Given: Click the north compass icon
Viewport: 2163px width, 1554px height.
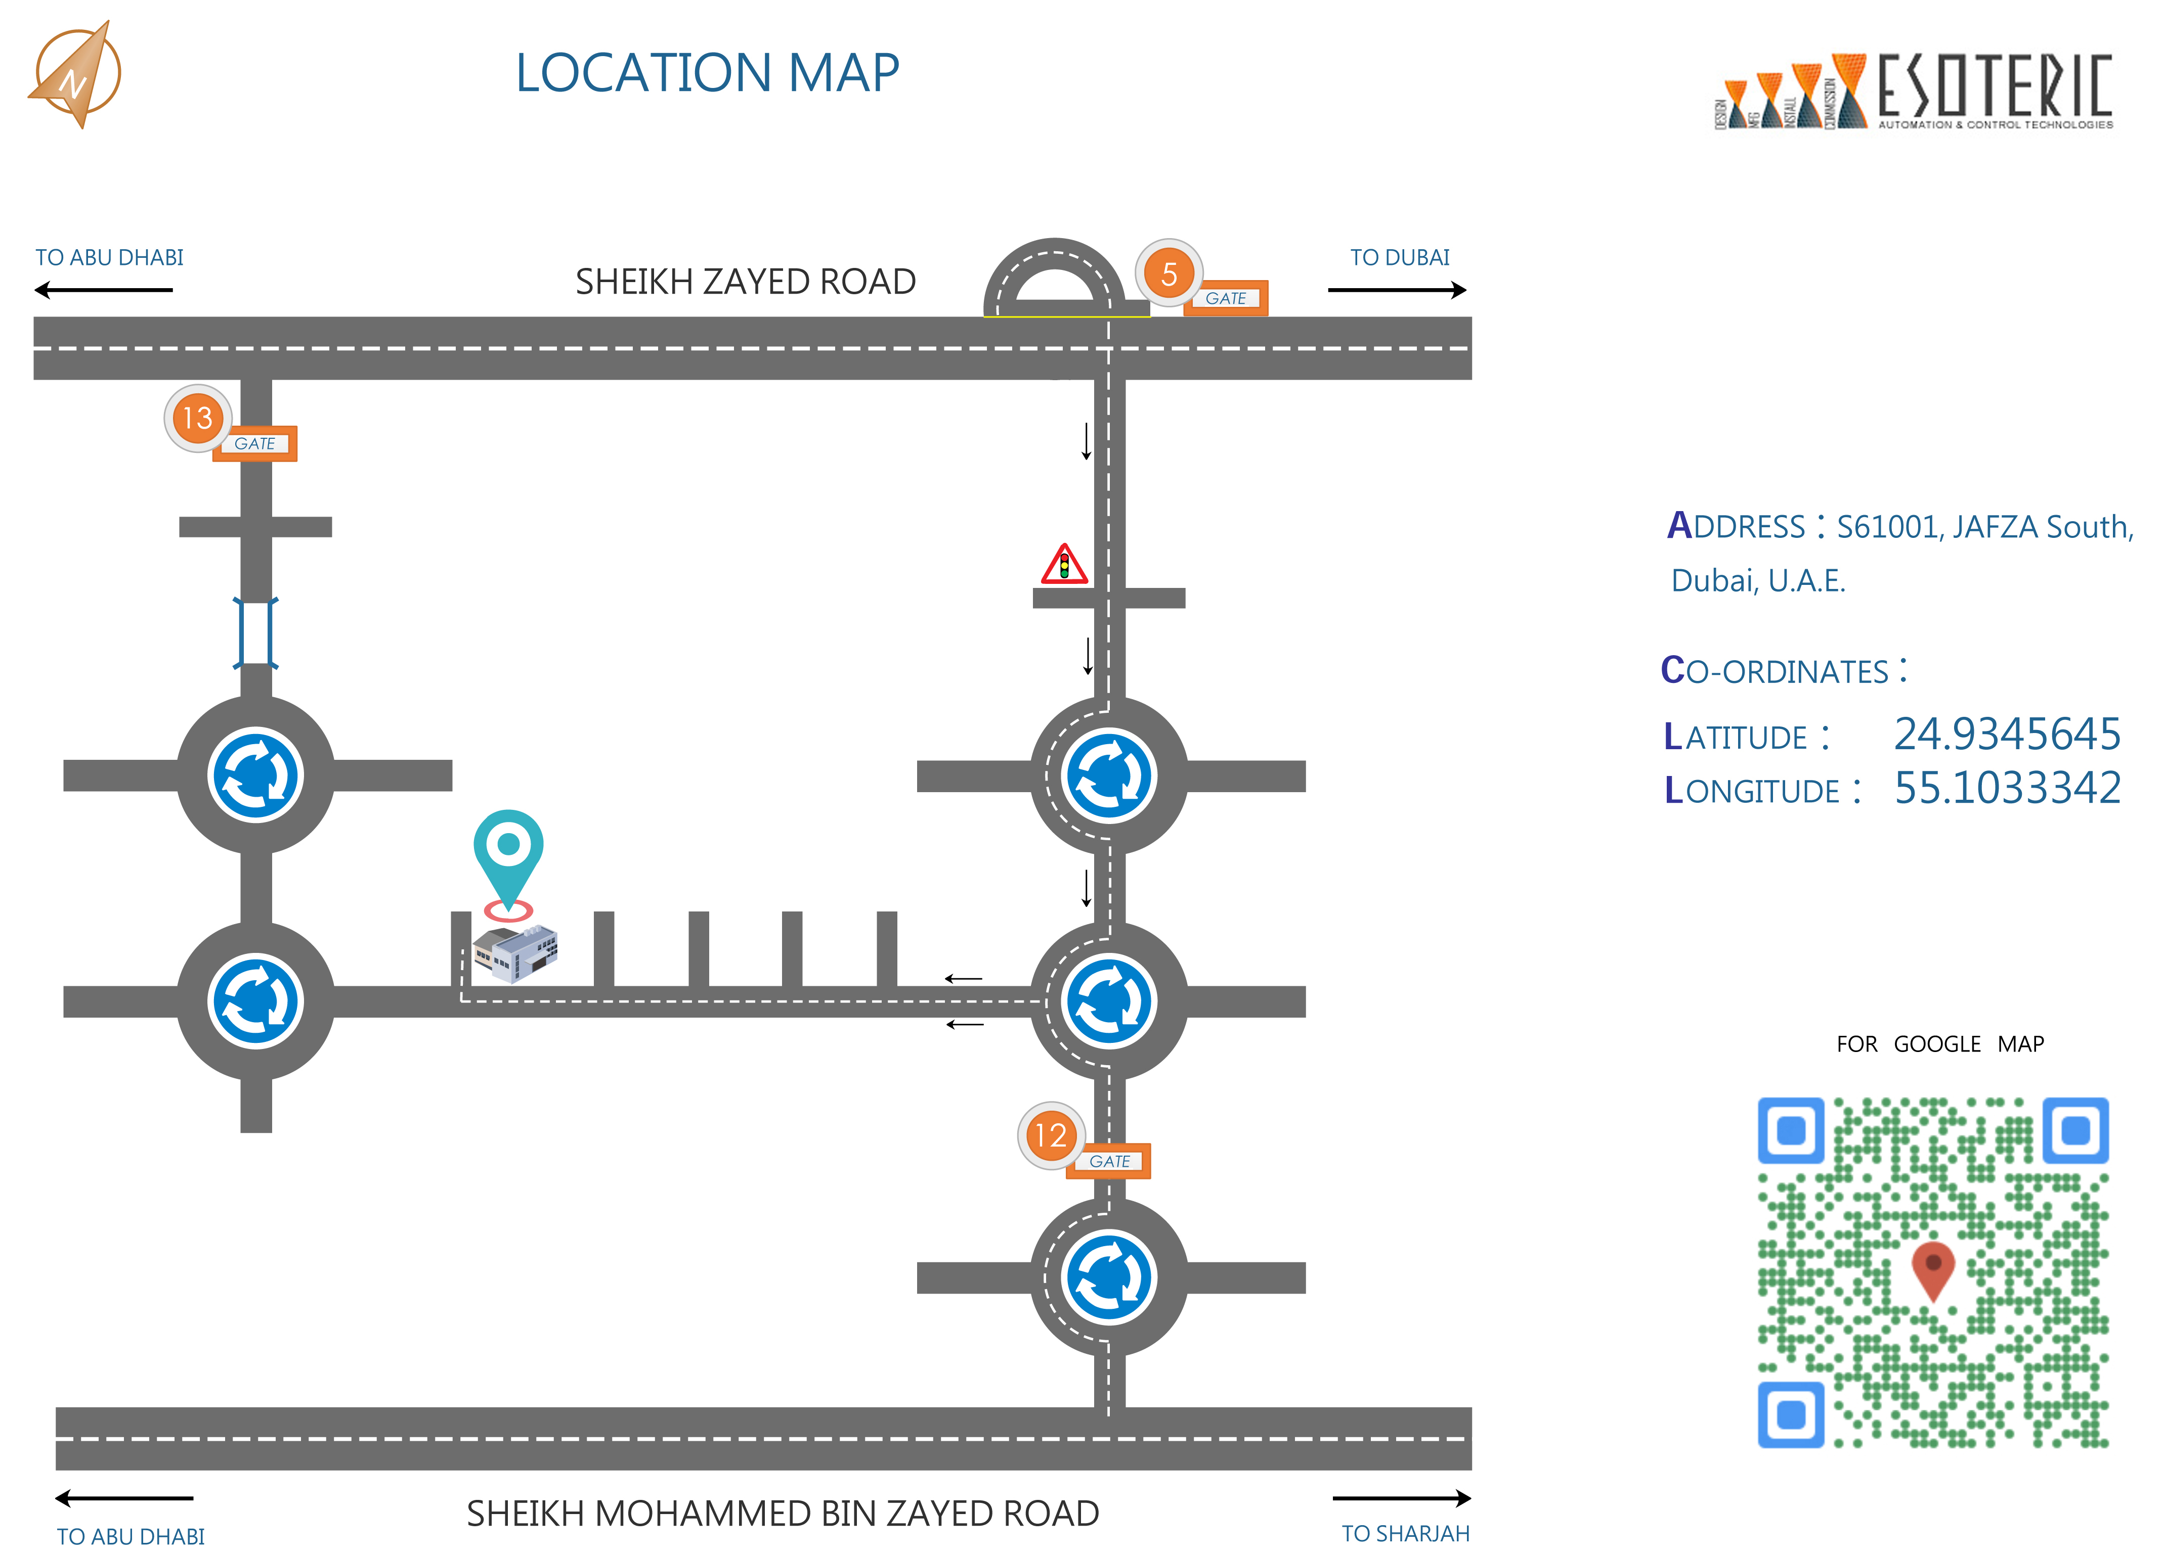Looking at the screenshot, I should click(x=74, y=74).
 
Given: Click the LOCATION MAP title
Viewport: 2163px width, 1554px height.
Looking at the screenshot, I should click(x=707, y=73).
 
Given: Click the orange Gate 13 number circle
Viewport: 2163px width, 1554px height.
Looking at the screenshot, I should click(x=197, y=418).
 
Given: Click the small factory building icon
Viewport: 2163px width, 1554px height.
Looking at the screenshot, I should click(x=515, y=951).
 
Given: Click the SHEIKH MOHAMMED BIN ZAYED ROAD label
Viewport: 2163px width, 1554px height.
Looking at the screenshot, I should click(x=782, y=1513).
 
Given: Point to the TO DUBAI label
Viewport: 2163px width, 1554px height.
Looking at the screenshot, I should click(x=1399, y=257).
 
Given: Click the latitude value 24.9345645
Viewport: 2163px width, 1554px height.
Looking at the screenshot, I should click(x=2007, y=734).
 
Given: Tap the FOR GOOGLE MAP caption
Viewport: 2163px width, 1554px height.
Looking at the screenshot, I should click(x=1940, y=1044).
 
